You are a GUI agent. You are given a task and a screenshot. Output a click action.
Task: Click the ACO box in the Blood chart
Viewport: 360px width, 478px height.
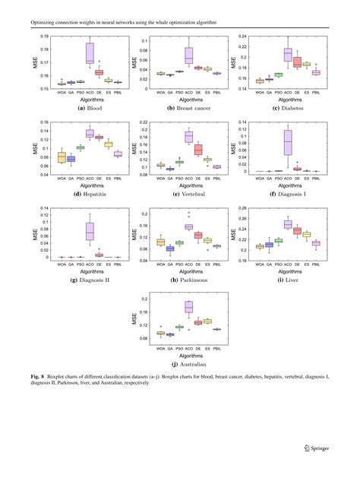pos(90,52)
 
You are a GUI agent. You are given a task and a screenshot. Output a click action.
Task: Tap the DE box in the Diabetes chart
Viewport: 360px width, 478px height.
pos(298,62)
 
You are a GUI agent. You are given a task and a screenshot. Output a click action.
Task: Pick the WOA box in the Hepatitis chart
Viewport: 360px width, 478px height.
pos(62,157)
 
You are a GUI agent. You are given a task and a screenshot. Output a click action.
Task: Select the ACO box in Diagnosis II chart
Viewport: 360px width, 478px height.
pos(90,230)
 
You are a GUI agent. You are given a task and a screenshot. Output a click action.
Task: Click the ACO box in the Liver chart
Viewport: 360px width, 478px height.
pos(288,224)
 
